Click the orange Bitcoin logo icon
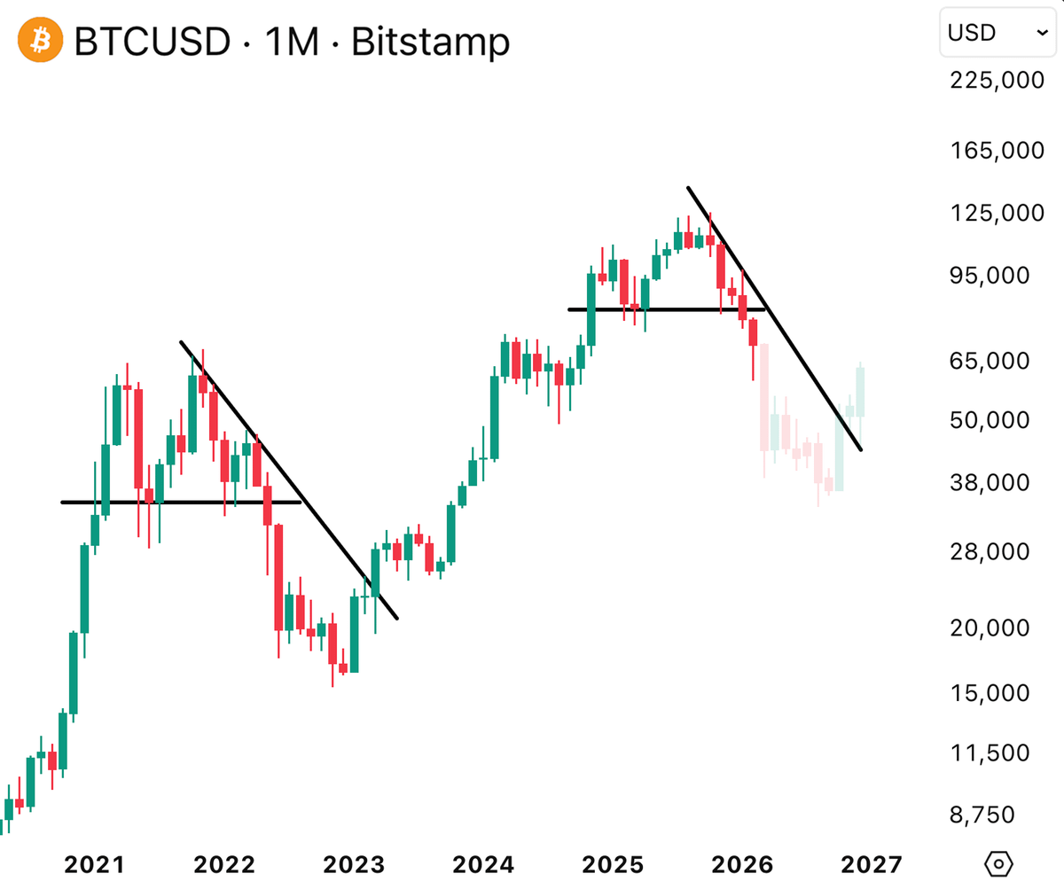[39, 41]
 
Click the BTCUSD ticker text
[152, 42]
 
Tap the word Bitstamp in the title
[430, 42]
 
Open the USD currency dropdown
[997, 33]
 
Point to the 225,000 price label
[996, 81]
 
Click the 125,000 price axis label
[996, 214]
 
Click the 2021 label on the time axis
[95, 863]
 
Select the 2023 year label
[353, 863]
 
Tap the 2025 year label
[611, 863]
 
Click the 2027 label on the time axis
[871, 863]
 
